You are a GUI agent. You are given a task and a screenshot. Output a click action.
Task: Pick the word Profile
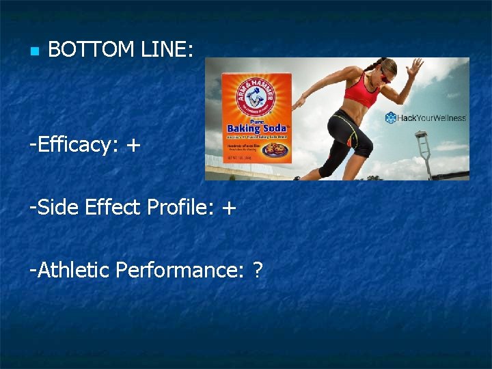[181, 208]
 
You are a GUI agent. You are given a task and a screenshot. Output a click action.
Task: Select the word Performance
[178, 271]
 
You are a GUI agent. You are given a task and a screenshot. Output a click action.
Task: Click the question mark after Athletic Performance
[257, 270]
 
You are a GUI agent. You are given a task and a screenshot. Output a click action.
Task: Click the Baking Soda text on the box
[257, 128]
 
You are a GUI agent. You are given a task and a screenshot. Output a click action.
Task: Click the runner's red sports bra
[361, 95]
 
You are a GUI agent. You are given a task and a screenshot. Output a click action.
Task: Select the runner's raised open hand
[414, 68]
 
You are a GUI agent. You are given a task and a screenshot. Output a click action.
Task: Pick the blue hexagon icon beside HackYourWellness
[391, 118]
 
